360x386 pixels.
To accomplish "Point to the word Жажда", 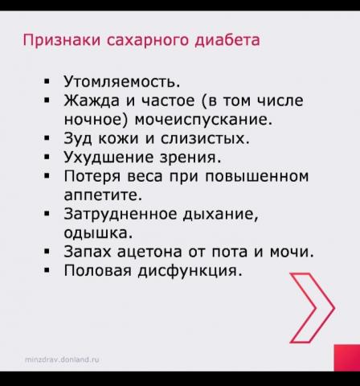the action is pos(92,101).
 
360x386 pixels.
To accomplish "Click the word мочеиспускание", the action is pos(203,120).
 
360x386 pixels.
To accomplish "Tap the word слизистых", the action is pos(205,138).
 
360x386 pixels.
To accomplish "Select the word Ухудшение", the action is pos(109,158).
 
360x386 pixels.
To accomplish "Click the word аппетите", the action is pos(103,195).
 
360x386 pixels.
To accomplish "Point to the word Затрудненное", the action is pos(121,215).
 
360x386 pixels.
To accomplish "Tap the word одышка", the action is pos(98,232).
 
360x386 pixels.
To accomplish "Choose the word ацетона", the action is pos(150,252).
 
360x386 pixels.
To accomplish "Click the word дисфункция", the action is pos(190,271).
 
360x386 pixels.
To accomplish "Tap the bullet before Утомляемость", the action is pos(47,81).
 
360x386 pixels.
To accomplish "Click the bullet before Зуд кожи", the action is pos(47,138).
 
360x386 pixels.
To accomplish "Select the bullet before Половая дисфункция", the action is pos(47,270).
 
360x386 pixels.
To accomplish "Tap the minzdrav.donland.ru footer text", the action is pos(62,359).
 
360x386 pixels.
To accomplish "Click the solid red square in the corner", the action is pos(347,358).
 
